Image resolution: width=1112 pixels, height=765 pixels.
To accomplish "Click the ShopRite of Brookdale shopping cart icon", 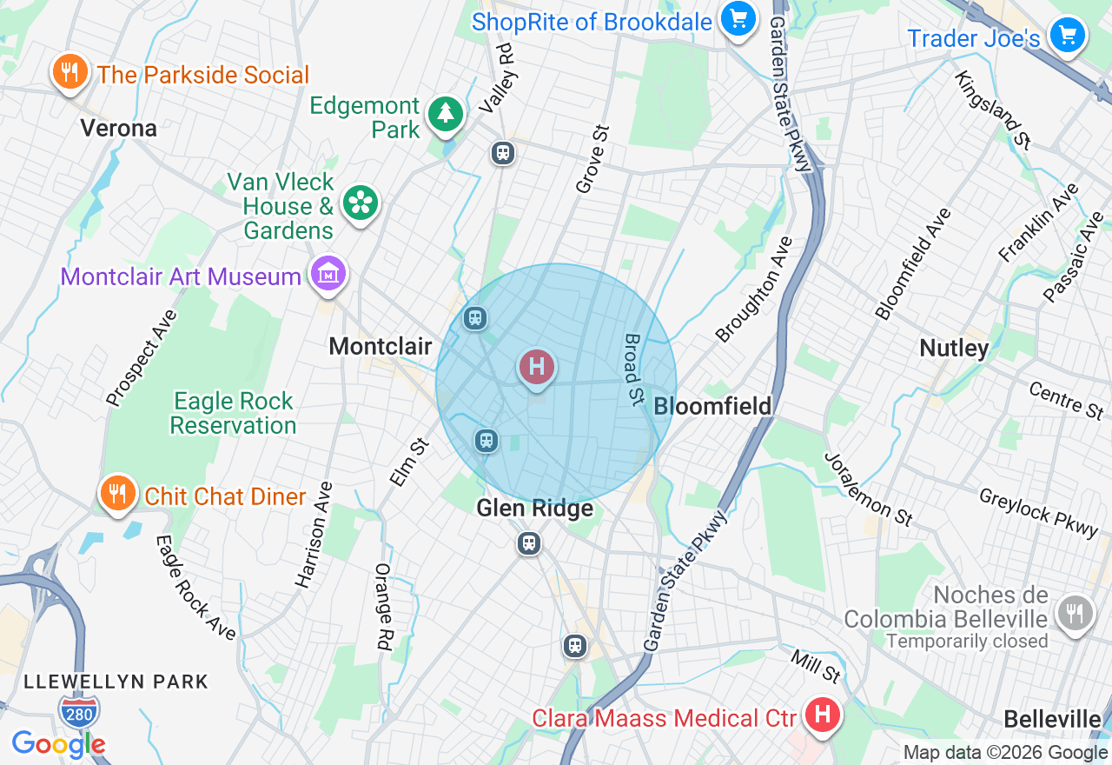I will coord(738,19).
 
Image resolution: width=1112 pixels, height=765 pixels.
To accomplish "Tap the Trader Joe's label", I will coord(973,38).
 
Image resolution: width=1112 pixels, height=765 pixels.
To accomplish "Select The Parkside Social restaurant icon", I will coord(69,73).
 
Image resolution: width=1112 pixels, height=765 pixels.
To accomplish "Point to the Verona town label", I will coord(119,129).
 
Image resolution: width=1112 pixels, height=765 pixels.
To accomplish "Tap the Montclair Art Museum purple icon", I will coord(329,275).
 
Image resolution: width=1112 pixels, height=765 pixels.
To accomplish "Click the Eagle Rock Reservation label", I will coord(233,414).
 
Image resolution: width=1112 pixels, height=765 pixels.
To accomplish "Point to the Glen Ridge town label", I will coord(534,509).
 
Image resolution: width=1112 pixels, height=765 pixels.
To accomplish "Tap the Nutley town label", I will coord(954,349).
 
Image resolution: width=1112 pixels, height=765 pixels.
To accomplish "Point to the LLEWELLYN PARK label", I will coord(116,682).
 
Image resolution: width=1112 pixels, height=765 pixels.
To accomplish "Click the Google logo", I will coord(58,744).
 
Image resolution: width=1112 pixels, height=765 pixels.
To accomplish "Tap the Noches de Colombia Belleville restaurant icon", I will coord(1076,611).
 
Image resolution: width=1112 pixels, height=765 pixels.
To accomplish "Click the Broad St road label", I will coord(632,369).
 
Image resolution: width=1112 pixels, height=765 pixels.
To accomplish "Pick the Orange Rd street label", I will coord(383,607).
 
